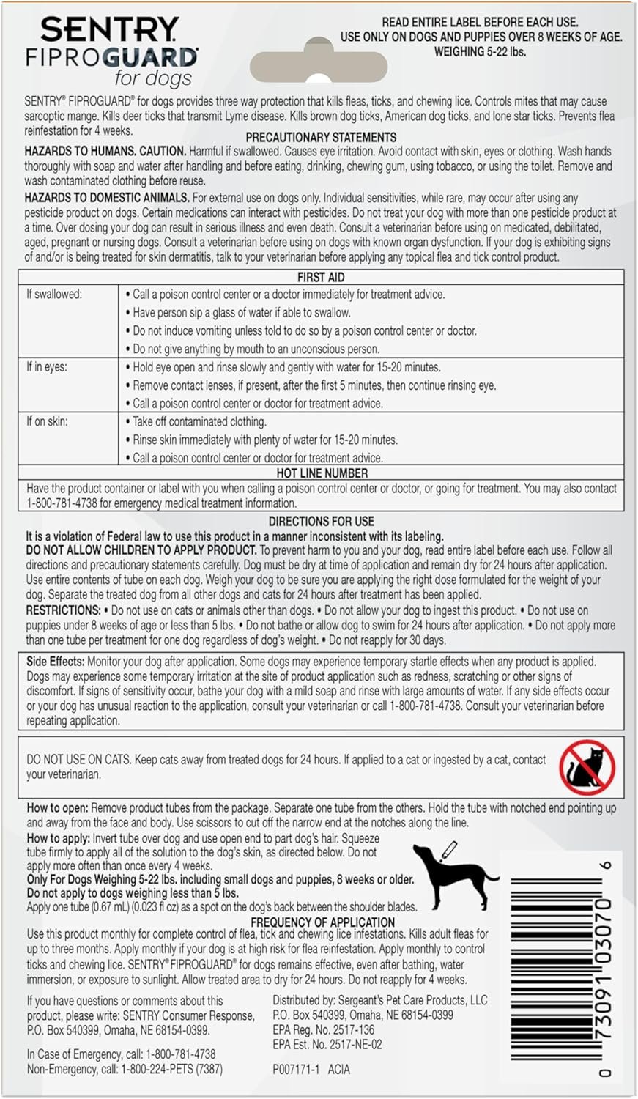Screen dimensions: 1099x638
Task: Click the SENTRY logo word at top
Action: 110,30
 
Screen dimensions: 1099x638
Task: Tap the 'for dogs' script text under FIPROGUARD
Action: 152,78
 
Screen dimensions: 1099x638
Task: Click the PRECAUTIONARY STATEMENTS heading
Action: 321,137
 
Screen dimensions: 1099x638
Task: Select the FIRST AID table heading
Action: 321,278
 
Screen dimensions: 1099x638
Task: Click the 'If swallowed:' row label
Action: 54,295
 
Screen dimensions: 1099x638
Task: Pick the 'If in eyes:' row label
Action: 47,367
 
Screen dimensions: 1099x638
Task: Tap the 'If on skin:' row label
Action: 48,421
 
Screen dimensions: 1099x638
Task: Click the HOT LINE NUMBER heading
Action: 322,473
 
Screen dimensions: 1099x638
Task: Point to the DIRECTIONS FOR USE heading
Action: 321,522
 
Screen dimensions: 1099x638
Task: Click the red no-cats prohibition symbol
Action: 587,766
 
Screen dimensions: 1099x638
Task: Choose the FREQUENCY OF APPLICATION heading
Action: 322,922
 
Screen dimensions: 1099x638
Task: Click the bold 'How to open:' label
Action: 57,808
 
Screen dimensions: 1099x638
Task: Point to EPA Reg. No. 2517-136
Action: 323,1030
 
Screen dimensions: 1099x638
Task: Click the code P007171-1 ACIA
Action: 311,1070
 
